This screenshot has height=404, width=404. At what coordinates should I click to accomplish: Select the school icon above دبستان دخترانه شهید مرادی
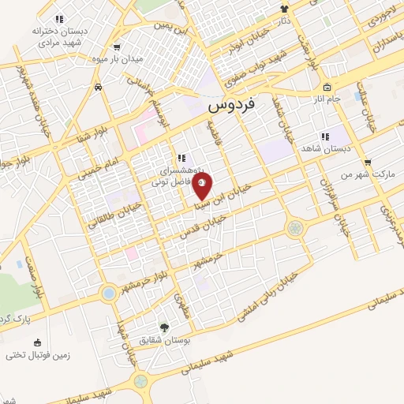click(59, 19)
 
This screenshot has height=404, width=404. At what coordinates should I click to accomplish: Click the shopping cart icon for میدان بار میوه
click(117, 47)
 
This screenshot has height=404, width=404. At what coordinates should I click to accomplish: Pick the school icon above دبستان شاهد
click(325, 137)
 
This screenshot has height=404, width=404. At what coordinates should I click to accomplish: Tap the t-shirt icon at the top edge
click(285, 9)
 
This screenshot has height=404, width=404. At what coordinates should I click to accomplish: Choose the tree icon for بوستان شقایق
click(164, 327)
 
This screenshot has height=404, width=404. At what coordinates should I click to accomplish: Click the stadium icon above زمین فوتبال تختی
click(37, 342)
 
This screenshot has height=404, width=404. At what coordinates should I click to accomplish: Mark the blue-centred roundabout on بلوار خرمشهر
click(108, 294)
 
